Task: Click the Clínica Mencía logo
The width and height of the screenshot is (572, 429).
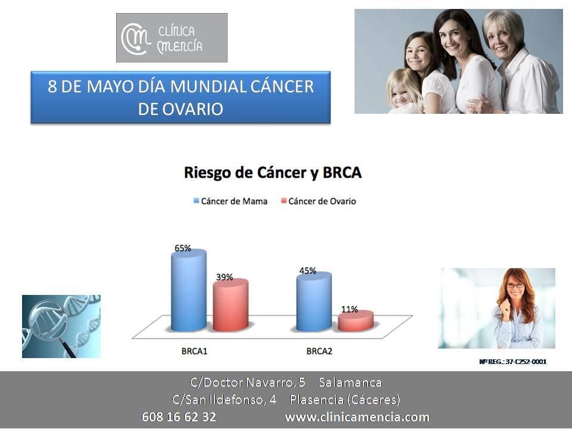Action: (x=172, y=38)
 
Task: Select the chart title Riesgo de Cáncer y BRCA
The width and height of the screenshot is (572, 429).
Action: (x=272, y=173)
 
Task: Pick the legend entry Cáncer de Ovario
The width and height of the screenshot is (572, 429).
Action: (x=318, y=201)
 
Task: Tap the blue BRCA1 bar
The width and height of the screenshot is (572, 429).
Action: (x=189, y=290)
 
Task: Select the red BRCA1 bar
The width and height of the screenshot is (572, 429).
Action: (x=231, y=305)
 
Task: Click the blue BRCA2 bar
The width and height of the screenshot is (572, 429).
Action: (x=314, y=301)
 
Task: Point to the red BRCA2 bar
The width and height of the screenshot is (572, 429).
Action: (x=356, y=321)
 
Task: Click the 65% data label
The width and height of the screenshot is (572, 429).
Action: (x=183, y=248)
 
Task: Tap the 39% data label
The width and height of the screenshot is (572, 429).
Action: (x=225, y=277)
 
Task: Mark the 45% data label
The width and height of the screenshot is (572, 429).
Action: (x=307, y=271)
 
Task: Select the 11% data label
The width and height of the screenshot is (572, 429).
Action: (x=350, y=309)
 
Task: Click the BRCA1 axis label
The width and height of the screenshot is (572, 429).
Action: (x=194, y=352)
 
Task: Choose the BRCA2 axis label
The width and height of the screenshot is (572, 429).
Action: (x=319, y=352)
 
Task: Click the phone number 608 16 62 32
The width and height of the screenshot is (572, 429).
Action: (x=179, y=416)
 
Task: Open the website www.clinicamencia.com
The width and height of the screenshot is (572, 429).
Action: (x=357, y=416)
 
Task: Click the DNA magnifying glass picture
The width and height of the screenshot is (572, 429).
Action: (x=61, y=327)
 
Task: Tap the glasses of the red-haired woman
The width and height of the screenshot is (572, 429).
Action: (x=515, y=285)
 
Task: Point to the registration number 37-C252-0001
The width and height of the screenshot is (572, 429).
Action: (x=526, y=362)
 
